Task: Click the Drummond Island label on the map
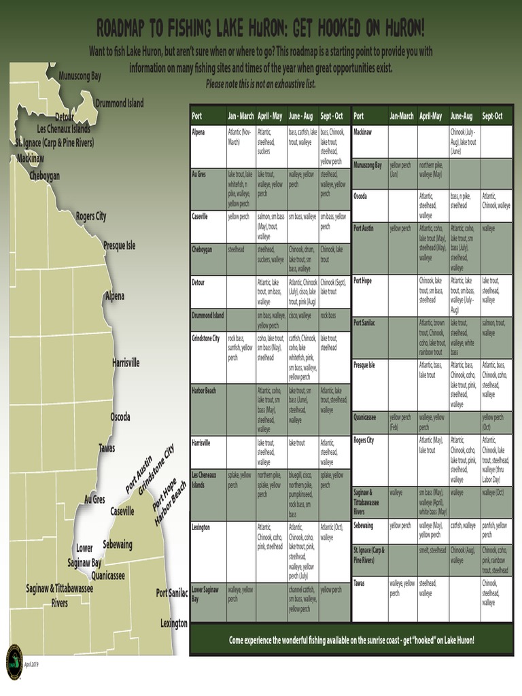[120, 103]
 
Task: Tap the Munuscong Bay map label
[80, 76]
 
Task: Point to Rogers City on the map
[91, 216]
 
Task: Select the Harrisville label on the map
[126, 363]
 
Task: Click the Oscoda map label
[120, 417]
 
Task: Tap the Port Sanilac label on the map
[172, 593]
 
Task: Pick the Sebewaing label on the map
[118, 544]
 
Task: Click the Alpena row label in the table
[198, 131]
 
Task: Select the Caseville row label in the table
[201, 217]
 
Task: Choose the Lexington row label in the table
[201, 527]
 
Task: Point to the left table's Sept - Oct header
[334, 116]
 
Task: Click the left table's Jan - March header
[241, 116]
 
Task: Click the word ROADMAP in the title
[129, 29]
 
